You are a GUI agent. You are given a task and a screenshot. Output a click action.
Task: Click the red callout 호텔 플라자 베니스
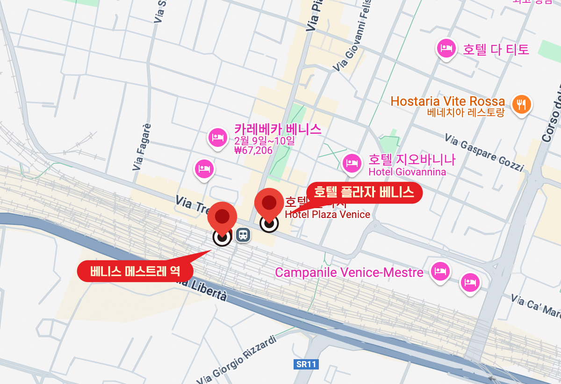tap(364, 192)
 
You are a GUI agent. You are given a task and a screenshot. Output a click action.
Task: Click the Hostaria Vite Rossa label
tap(447, 101)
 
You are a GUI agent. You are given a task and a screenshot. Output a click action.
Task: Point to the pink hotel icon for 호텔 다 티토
tap(446, 48)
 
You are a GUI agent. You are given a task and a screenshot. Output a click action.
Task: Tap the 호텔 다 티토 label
tap(496, 49)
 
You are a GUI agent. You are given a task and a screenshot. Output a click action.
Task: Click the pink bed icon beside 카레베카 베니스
tap(217, 138)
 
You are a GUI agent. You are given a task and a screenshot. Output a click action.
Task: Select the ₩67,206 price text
tap(253, 151)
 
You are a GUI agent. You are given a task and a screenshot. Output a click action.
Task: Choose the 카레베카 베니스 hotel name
tap(278, 129)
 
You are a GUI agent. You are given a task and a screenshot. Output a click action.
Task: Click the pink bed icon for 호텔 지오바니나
tap(352, 163)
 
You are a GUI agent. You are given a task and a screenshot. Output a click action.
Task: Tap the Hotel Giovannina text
tap(407, 172)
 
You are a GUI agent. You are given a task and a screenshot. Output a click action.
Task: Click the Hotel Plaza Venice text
tap(327, 215)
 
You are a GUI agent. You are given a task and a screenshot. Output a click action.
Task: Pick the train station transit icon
tap(242, 235)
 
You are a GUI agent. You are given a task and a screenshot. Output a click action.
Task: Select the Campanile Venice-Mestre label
tap(349, 272)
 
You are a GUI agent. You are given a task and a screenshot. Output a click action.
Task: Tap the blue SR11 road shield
tap(306, 364)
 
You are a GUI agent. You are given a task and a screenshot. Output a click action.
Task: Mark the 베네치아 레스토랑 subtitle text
tap(466, 113)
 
